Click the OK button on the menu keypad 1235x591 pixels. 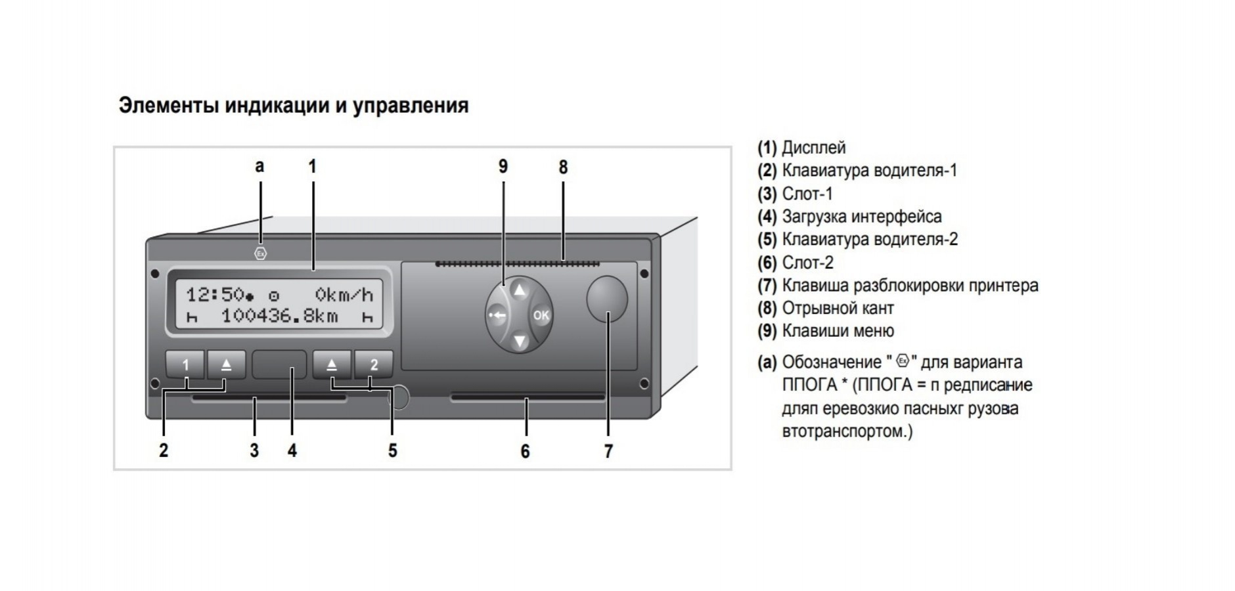click(x=541, y=316)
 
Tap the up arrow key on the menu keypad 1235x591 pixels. click(x=520, y=290)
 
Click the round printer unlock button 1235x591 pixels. click(x=606, y=299)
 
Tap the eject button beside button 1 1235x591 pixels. click(x=226, y=364)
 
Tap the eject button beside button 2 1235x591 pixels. click(x=332, y=364)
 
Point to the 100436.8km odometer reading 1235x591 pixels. click(x=279, y=317)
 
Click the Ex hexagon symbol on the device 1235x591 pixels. click(x=261, y=253)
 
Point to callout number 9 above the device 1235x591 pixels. click(x=503, y=167)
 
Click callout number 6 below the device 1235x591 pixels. click(x=525, y=451)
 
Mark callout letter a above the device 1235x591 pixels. click(x=259, y=166)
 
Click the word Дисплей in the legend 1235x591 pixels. click(x=813, y=148)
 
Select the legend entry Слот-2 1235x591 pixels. click(x=807, y=263)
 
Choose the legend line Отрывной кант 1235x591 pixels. click(x=838, y=308)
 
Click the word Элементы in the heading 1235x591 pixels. click(x=168, y=105)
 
